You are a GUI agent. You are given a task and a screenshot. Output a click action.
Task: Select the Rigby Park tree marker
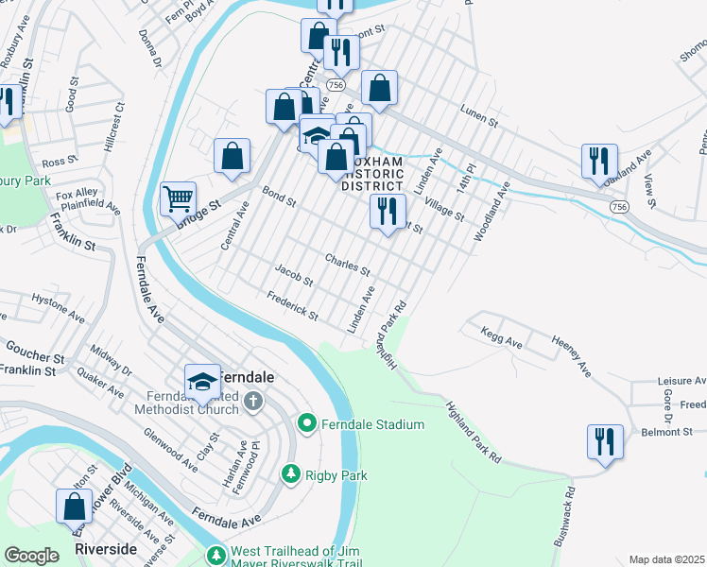[291, 475]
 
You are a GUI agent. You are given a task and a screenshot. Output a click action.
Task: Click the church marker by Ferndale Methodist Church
[252, 402]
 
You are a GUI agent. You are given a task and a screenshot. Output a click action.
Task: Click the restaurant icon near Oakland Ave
[599, 162]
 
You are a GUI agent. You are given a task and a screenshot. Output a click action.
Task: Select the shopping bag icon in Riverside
[74, 507]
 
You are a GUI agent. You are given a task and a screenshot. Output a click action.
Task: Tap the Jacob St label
[293, 275]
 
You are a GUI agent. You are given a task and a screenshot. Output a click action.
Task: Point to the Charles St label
[347, 263]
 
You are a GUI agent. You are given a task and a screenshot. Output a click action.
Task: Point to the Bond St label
[280, 197]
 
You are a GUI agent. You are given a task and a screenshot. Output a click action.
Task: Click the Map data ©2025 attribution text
[665, 559]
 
